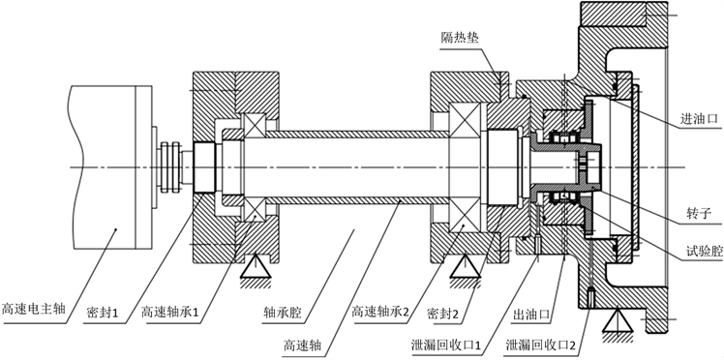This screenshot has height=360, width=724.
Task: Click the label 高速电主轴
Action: (x=34, y=308)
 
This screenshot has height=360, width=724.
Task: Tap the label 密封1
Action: (x=103, y=314)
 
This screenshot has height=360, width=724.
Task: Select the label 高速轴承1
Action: (x=170, y=314)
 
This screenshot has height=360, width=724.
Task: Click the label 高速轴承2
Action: (x=380, y=312)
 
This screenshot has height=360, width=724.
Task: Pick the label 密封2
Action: (x=442, y=314)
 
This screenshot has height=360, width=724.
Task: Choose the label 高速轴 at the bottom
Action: (x=302, y=345)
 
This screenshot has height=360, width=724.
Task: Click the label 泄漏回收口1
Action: (x=446, y=345)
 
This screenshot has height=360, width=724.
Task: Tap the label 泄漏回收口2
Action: (x=536, y=345)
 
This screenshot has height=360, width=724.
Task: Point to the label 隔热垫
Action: (x=460, y=38)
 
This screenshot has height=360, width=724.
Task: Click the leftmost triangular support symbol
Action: (x=256, y=267)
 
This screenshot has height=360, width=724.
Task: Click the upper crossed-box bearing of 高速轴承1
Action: (x=255, y=125)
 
